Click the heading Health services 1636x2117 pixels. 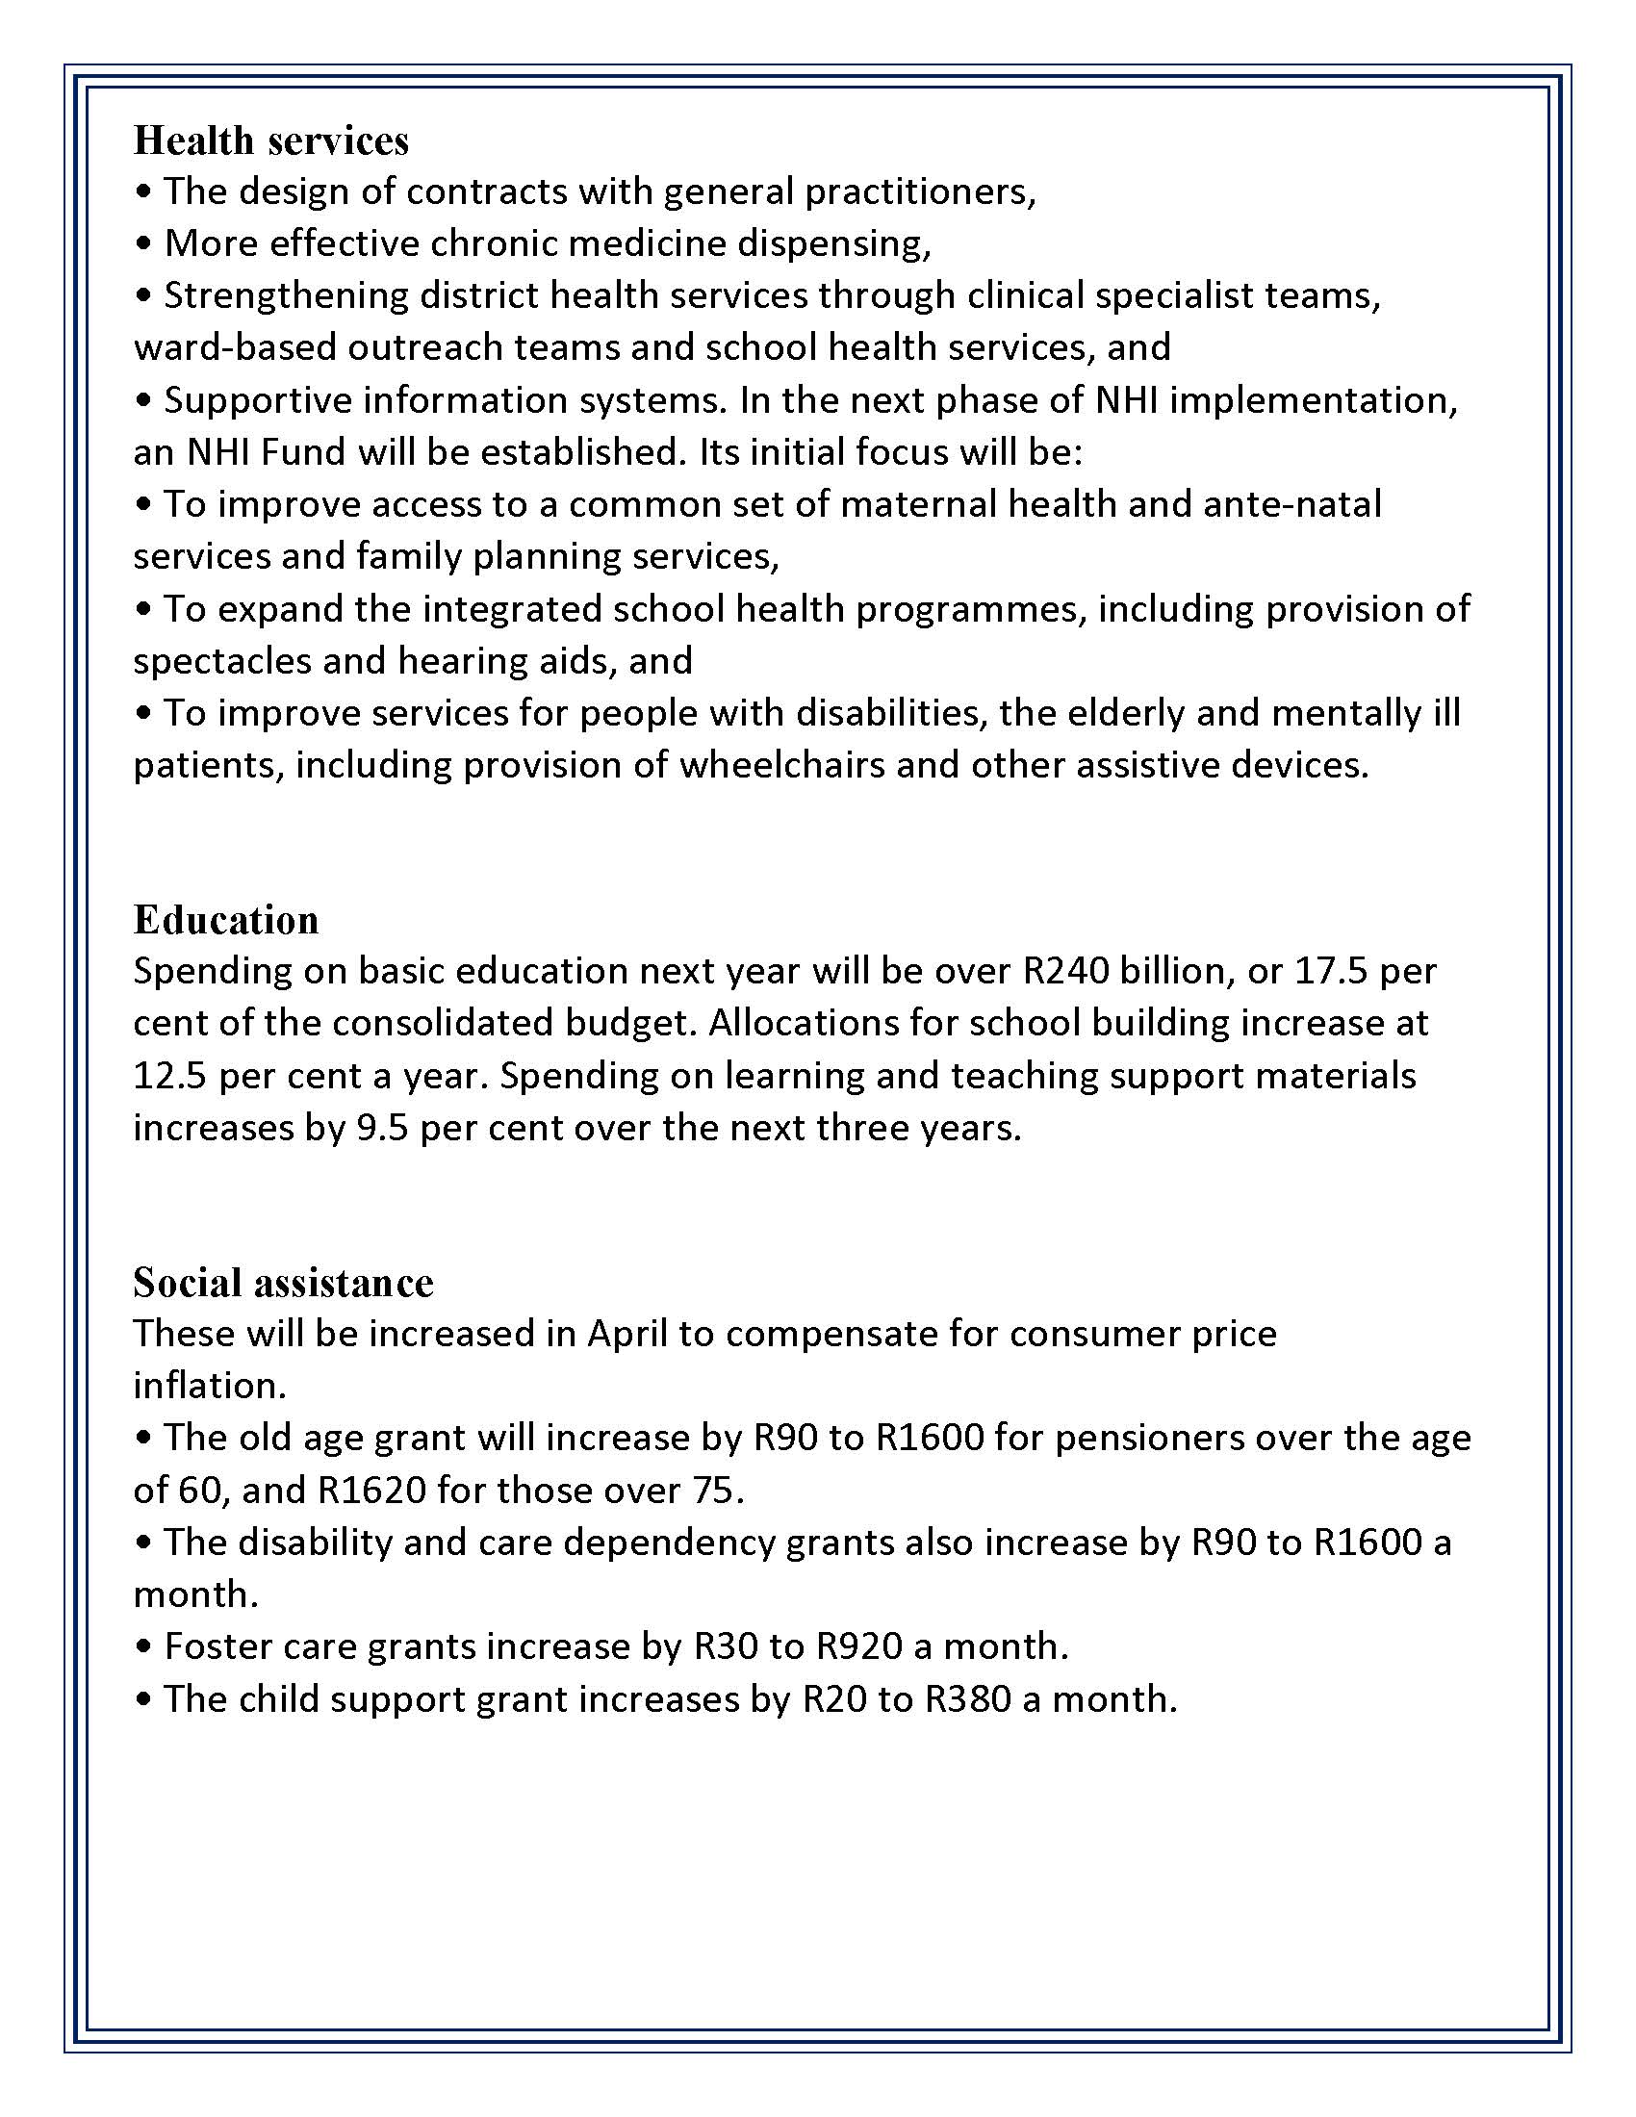[270, 140]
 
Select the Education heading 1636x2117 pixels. [226, 920]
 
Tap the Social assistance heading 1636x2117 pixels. [283, 1283]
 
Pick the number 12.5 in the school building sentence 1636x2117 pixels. [169, 1076]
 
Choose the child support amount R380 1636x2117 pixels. [968, 1699]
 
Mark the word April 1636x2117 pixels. [627, 1334]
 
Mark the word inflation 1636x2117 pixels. [210, 1386]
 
